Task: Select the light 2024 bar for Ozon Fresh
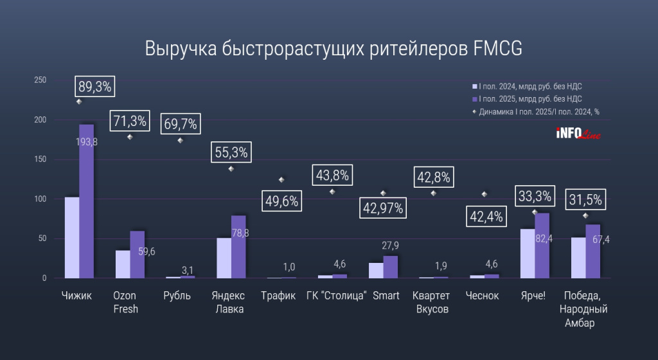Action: (x=123, y=264)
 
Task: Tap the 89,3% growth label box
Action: (x=95, y=86)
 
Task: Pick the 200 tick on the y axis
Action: (x=40, y=120)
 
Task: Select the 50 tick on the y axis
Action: (x=42, y=239)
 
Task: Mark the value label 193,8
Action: (x=86, y=142)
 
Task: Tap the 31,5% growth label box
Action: (x=585, y=199)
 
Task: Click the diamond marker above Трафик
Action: (x=281, y=180)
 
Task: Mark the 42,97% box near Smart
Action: (x=383, y=208)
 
